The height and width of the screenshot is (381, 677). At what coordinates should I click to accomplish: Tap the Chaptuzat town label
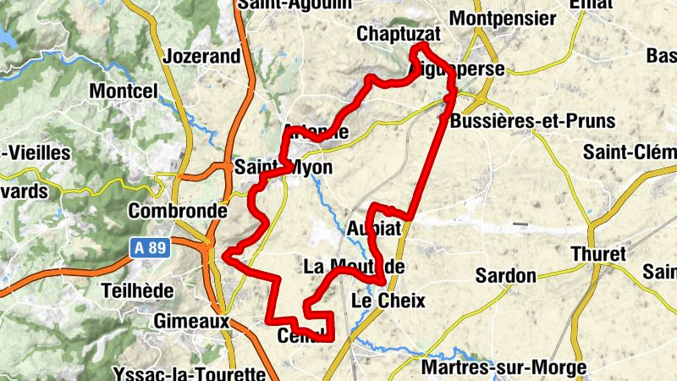click(399, 35)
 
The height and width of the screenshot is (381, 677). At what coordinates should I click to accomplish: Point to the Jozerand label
click(205, 58)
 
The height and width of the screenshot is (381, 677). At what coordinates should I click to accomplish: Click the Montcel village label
click(124, 91)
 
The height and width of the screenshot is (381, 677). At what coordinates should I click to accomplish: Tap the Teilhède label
click(137, 290)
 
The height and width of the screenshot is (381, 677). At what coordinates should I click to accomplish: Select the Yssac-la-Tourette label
click(189, 373)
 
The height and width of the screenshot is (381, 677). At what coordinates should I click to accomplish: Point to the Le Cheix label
click(388, 301)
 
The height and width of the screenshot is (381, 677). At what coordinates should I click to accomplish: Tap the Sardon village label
click(506, 275)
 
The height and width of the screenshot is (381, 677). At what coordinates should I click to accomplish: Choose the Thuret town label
click(598, 254)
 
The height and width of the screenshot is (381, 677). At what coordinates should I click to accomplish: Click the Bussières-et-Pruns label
click(533, 121)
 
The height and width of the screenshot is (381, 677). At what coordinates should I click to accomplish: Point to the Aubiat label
click(373, 229)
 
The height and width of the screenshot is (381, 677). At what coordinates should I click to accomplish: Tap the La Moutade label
click(354, 268)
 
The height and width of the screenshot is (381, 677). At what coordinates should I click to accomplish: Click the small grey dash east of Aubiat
click(520, 224)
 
